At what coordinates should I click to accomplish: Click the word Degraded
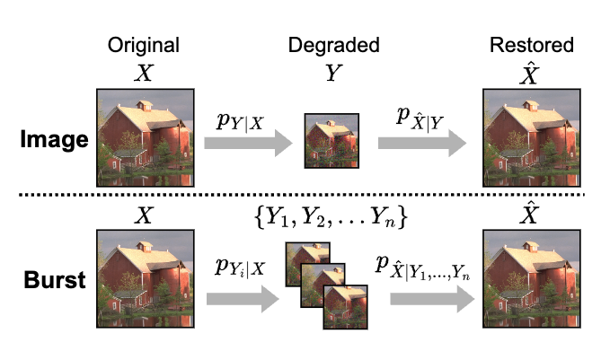[334, 45]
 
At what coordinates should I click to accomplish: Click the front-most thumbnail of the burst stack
[345, 305]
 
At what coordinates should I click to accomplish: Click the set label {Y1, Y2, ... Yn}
[334, 216]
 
